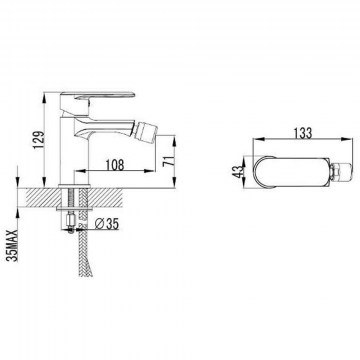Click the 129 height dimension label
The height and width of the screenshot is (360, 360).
tap(40, 139)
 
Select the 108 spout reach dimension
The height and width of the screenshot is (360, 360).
tap(115, 165)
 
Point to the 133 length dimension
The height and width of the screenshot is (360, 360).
tap(303, 133)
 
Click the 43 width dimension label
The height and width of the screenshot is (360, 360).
tap(238, 172)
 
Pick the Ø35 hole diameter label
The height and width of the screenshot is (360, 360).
tap(107, 224)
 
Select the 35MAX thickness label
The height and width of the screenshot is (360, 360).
tap(14, 246)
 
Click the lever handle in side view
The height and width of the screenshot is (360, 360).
tap(98, 96)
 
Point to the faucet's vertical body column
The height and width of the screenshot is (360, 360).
tap(74, 151)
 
